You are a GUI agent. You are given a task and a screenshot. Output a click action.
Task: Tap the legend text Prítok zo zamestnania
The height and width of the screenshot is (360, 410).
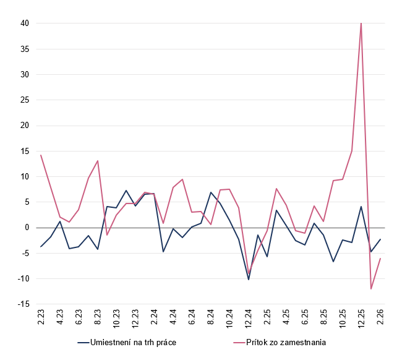[x=286, y=341]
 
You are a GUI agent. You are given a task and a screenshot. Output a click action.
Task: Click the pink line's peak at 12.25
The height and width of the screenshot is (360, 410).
[x=361, y=24]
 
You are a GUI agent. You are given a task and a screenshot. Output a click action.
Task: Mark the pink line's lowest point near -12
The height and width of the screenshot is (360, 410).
[x=370, y=289]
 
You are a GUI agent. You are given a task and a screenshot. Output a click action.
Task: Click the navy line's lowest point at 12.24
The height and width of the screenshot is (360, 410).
[x=248, y=280]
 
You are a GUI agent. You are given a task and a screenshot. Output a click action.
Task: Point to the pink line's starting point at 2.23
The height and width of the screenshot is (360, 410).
[x=41, y=155]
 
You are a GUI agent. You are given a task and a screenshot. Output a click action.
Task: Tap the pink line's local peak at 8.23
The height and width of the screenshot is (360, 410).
[x=98, y=161]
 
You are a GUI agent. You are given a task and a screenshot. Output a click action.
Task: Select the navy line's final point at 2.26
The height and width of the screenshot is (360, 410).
[x=380, y=239]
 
